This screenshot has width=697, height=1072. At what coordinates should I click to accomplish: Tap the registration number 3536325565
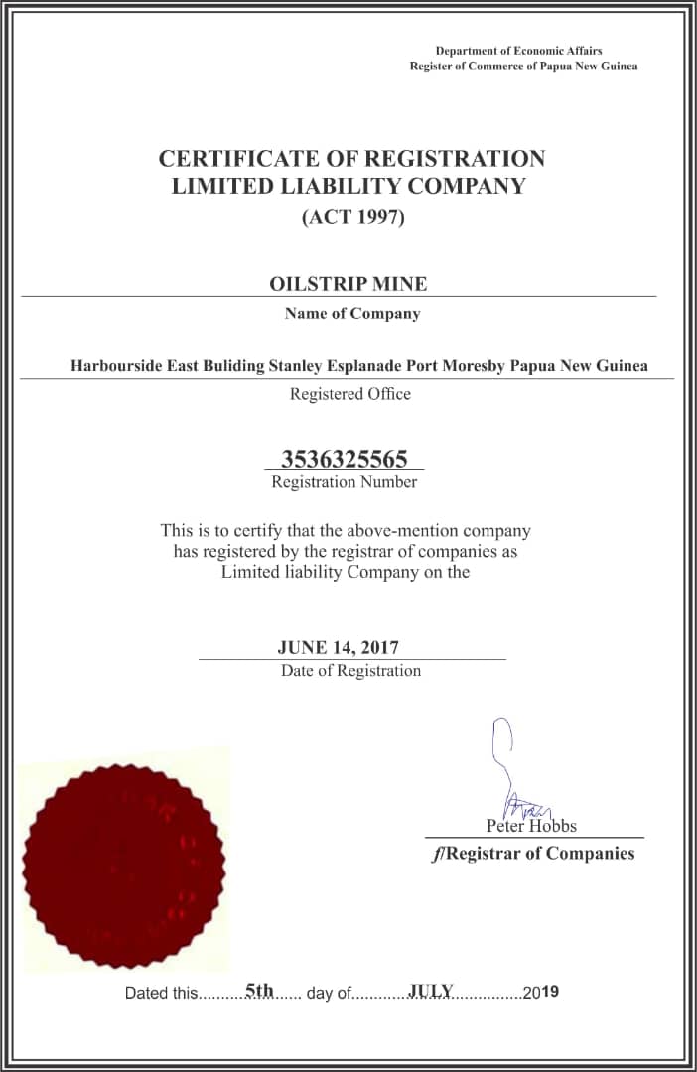[x=344, y=459]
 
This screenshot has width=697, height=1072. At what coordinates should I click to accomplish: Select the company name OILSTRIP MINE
[x=348, y=284]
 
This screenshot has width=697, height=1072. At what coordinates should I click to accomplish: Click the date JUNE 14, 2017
[x=338, y=648]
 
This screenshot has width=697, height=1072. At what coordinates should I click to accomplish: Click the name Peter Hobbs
[x=531, y=826]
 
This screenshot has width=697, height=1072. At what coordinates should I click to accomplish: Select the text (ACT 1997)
[x=353, y=217]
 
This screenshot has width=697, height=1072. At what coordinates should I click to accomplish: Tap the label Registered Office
[x=349, y=394]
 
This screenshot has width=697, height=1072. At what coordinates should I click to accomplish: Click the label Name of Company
[x=352, y=314]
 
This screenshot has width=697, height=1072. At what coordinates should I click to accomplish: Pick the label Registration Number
[x=344, y=482]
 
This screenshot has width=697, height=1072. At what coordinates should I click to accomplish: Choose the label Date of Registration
[x=350, y=671]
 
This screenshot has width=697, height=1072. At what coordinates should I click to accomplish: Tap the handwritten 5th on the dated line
[x=259, y=990]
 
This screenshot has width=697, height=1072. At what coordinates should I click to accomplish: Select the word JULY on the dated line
[x=431, y=990]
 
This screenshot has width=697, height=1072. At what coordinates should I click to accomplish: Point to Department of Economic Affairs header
[x=518, y=51]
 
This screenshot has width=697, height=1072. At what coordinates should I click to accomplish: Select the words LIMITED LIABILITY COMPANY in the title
[x=348, y=186]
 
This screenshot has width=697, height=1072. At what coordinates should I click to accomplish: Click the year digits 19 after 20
[x=551, y=992]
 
